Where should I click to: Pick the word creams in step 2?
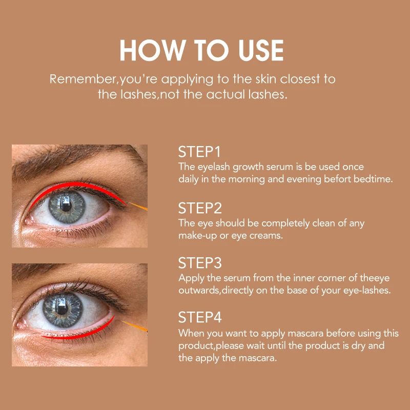(x=266, y=235)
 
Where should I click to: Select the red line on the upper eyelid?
(x=77, y=187)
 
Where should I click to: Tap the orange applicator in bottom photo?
(x=137, y=326)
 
